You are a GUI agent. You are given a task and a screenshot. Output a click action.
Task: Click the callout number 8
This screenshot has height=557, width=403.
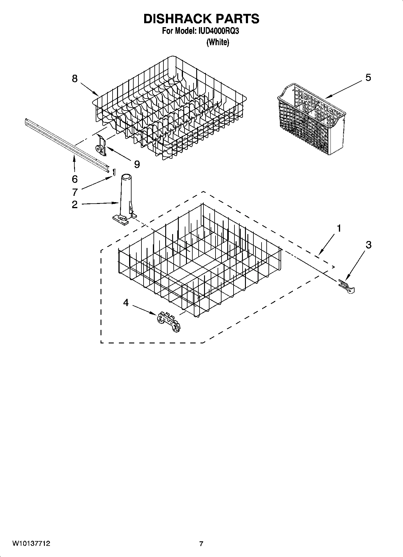point(75,79)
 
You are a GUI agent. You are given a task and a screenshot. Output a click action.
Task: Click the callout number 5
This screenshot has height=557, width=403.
point(368,78)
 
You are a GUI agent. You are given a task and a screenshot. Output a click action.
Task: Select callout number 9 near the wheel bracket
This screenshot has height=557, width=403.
point(137,164)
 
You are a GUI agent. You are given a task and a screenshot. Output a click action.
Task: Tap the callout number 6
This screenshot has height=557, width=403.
point(75,179)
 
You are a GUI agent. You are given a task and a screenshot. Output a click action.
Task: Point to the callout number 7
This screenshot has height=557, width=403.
point(75,192)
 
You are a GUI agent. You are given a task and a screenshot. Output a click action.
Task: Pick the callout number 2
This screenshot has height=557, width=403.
point(75,205)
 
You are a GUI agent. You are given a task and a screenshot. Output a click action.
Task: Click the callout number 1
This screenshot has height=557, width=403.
point(339,229)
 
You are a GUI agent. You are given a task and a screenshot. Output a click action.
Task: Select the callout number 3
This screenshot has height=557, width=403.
point(368,245)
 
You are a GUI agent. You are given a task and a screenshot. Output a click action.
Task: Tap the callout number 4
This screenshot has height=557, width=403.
point(126,302)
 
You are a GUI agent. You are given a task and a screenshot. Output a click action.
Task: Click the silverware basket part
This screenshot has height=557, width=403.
point(312,119)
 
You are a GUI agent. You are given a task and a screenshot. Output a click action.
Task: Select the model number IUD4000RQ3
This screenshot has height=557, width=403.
point(219,31)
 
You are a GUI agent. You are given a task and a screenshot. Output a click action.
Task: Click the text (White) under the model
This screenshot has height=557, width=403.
point(218,42)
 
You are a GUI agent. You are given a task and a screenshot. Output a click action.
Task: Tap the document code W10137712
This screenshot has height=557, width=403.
point(31,544)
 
